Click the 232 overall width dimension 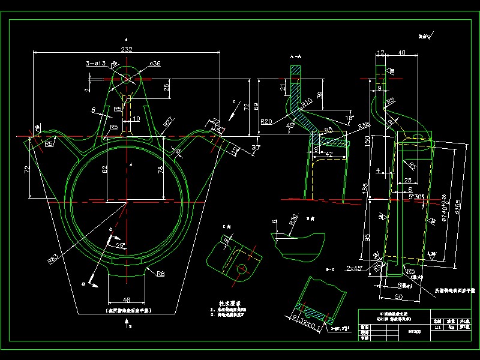[126, 49]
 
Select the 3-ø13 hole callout [96, 62]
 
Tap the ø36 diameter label [154, 63]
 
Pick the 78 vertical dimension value [160, 170]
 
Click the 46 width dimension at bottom [125, 299]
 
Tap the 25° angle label [120, 245]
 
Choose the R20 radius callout [266, 122]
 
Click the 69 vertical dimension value [257, 106]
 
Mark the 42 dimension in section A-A [329, 154]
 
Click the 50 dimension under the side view [398, 296]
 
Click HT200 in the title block [414, 330]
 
